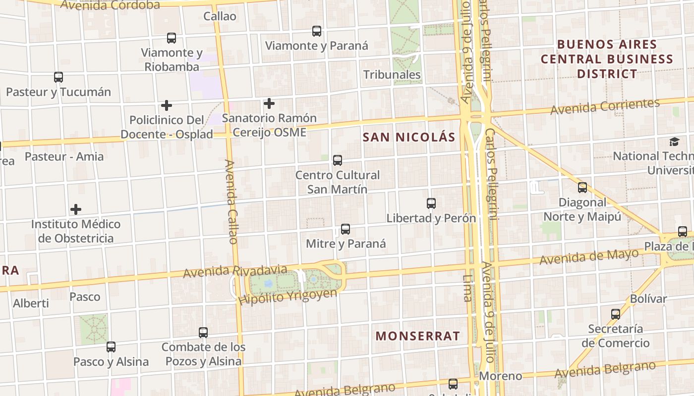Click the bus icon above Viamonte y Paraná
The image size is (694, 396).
click(317, 31)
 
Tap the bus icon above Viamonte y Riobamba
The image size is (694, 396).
click(172, 38)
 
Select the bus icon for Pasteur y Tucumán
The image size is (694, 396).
click(58, 77)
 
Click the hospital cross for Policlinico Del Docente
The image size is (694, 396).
click(167, 105)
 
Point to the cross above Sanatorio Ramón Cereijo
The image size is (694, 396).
click(269, 103)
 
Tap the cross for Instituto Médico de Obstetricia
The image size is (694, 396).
click(76, 209)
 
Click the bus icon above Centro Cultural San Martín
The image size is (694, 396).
click(338, 160)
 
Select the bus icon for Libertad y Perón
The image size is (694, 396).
click(431, 203)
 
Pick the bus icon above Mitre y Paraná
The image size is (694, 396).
click(346, 229)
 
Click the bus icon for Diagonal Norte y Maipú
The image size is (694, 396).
click(582, 188)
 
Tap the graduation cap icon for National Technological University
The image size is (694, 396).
click(674, 142)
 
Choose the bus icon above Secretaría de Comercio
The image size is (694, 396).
click(616, 314)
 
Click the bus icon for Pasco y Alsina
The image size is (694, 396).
click(111, 347)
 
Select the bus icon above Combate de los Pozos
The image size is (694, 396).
click(203, 332)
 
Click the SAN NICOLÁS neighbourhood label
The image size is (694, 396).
click(408, 137)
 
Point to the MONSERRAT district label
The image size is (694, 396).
click(418, 336)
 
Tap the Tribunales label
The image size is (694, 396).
click(392, 75)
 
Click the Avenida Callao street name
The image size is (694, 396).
click(231, 201)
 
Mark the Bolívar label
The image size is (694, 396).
click(648, 299)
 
